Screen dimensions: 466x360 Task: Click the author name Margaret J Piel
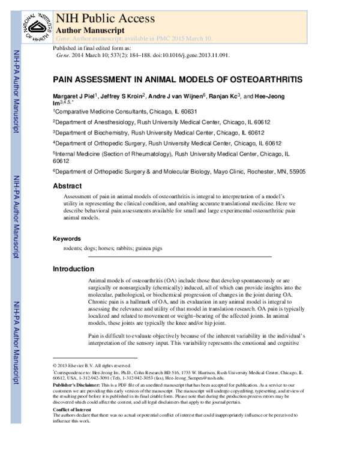point(81,96)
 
